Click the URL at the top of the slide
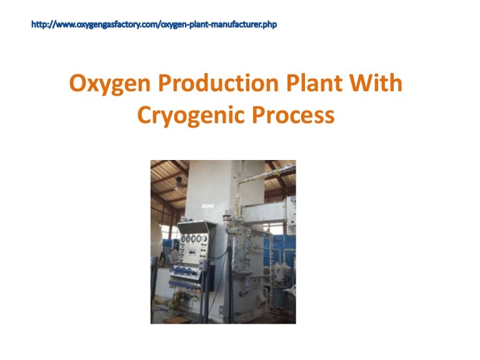coord(153,25)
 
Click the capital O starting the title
coord(77,84)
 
